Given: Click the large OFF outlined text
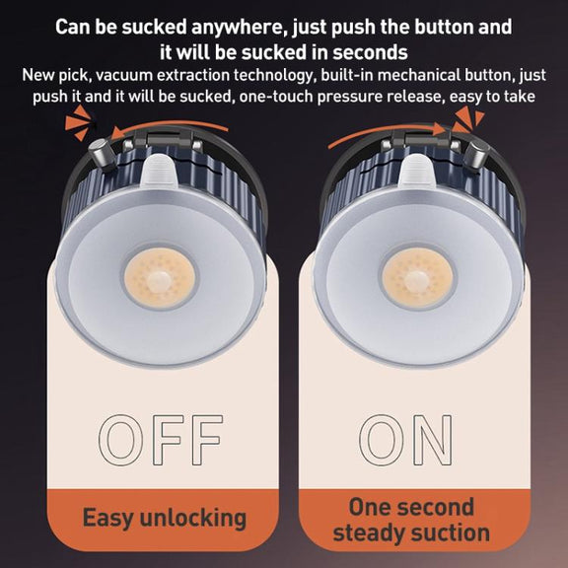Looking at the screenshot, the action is (x=161, y=440).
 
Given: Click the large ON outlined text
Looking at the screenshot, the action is (x=405, y=440).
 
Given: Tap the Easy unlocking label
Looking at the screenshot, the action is (x=165, y=518).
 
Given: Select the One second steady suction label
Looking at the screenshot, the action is (x=411, y=520).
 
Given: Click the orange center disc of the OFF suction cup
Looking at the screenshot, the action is (x=160, y=278).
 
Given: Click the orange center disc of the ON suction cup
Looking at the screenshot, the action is (x=417, y=278).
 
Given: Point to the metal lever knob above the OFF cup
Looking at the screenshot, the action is (x=102, y=155).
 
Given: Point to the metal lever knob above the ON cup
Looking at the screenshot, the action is (x=477, y=154).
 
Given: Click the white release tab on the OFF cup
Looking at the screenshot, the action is (x=160, y=171).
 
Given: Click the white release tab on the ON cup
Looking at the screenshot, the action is (x=417, y=171).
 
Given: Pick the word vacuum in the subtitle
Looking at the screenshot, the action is (x=124, y=75).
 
